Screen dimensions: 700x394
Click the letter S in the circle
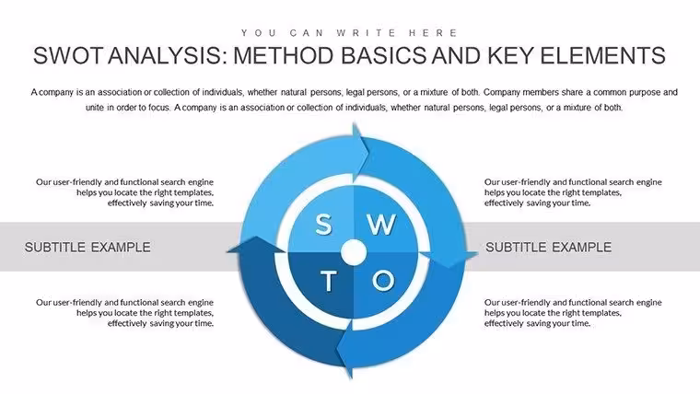[323, 224]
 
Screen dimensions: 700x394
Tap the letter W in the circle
[381, 224]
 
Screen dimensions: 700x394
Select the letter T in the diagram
[328, 281]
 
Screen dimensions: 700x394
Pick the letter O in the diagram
[383, 281]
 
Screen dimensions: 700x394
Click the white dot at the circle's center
[354, 252]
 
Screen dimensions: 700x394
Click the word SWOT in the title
[68, 56]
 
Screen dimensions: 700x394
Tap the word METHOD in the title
[284, 56]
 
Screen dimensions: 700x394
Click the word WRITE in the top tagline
[367, 33]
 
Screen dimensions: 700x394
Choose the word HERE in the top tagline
[433, 33]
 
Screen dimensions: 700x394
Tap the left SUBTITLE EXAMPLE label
[87, 248]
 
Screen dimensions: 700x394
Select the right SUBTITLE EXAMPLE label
[548, 248]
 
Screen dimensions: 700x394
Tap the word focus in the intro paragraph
[160, 108]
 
